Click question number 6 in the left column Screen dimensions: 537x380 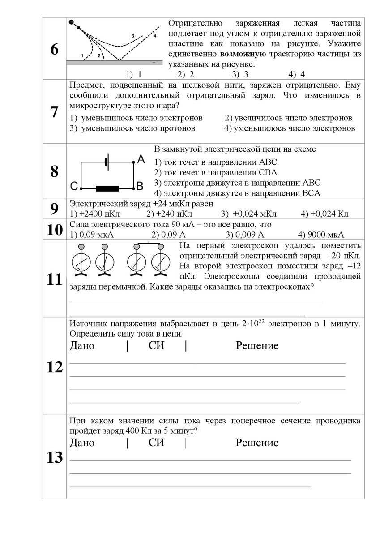click(54, 50)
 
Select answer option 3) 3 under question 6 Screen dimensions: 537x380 click(240, 74)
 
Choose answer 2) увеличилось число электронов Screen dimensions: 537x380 click(288, 118)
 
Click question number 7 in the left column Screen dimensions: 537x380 click(54, 112)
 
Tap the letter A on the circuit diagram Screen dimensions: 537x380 click(141, 159)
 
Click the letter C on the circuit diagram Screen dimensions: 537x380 click(74, 185)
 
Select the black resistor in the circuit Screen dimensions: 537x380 click(107, 188)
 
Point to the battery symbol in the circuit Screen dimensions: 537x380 click(107, 163)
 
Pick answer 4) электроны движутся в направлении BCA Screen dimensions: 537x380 click(237, 193)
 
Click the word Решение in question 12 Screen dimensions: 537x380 click(257, 345)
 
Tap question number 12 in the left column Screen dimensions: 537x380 click(54, 367)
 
